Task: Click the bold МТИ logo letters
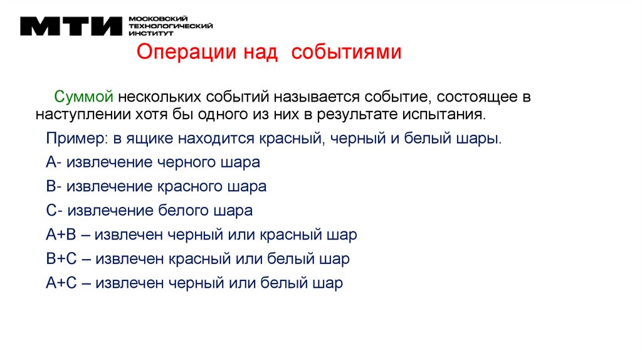[x=70, y=26]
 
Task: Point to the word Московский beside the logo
[x=153, y=19]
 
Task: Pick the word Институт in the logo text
[x=147, y=33]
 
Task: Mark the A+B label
[x=61, y=235]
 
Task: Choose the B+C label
[x=61, y=259]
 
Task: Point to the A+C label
[x=61, y=283]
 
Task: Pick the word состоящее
[x=477, y=97]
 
